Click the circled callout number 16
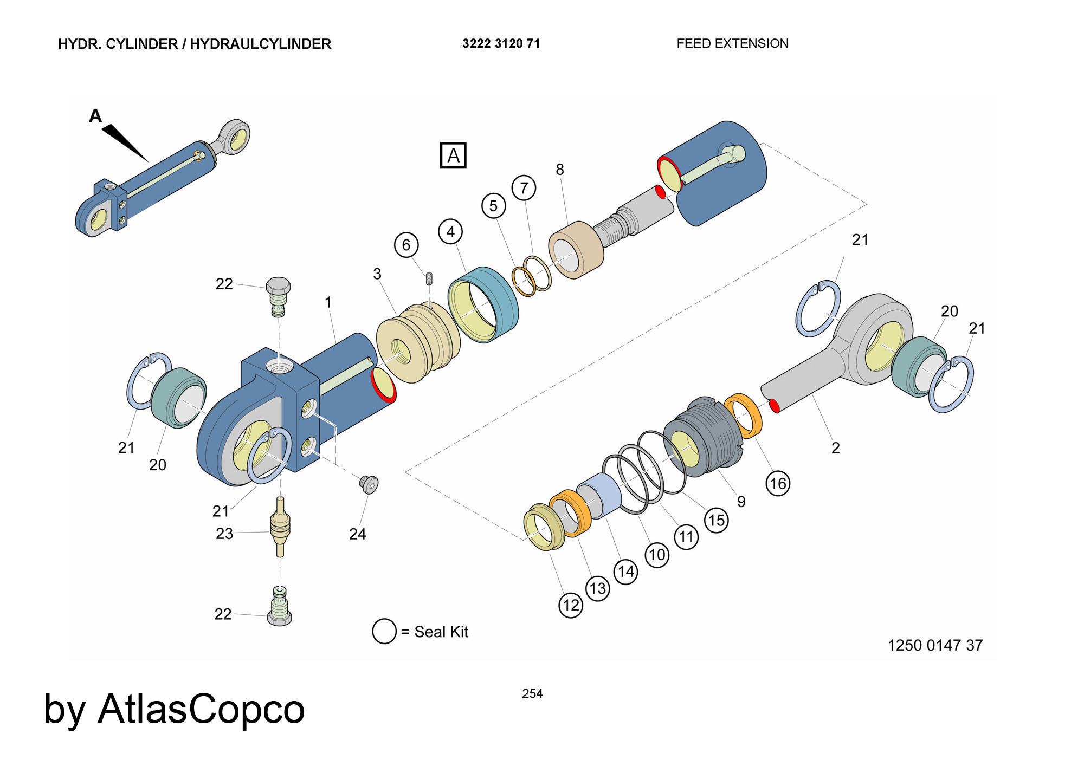[778, 483]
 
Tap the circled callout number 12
[571, 605]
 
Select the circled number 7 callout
[524, 188]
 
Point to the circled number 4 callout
[450, 232]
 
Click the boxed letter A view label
[453, 155]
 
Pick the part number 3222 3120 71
[501, 44]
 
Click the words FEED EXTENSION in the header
[732, 44]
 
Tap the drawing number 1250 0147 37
[935, 645]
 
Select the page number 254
[532, 693]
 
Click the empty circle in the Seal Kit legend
[384, 632]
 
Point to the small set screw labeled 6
[429, 278]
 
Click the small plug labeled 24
[369, 484]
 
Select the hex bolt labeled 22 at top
[278, 295]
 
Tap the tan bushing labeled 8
[576, 250]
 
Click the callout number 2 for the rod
[835, 448]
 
